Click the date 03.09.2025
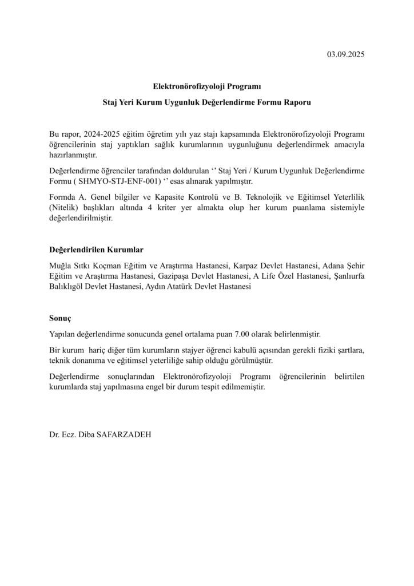345,55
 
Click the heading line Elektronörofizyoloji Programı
206,87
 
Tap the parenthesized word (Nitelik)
63,208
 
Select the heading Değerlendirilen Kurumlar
96,250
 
